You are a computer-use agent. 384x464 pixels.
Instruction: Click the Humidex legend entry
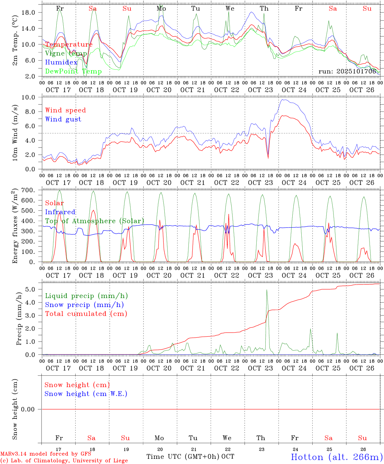61,63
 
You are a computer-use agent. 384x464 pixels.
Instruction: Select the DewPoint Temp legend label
73,72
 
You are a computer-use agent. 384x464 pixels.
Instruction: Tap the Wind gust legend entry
63,119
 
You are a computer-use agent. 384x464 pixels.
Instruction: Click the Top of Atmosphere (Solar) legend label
94,221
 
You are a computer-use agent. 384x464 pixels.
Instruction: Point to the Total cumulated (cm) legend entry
86,314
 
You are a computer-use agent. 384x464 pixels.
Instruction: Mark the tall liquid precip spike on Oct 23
267,290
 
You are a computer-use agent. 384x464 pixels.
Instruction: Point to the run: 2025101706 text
347,71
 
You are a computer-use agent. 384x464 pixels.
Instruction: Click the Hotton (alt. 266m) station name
336,457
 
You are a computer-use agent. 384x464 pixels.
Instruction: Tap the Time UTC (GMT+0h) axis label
183,457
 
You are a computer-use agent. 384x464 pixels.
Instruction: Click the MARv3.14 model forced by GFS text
46,454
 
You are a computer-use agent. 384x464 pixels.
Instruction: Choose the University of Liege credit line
64,461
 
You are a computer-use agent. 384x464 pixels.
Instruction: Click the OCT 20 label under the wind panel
159,183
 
